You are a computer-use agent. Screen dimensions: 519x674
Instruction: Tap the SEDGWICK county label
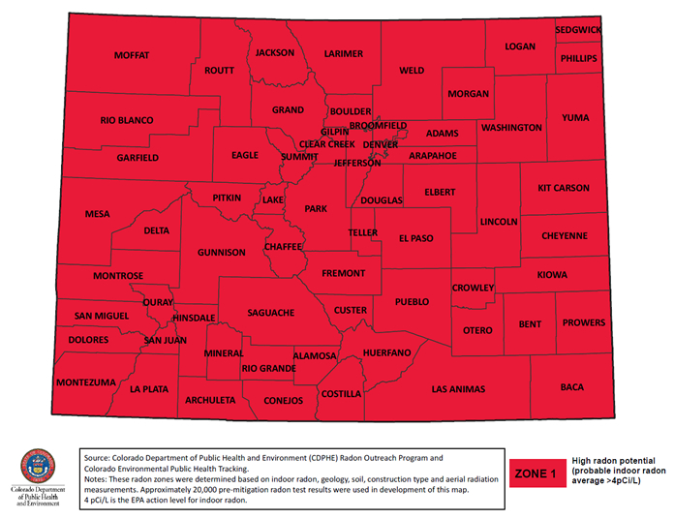[x=578, y=30]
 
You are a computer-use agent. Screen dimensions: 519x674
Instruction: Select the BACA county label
[x=572, y=387]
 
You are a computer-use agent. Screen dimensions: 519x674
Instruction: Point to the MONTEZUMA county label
[x=86, y=382]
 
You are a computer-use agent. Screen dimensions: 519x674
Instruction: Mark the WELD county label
[x=412, y=71]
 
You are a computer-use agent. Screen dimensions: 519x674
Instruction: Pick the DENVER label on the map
[x=381, y=144]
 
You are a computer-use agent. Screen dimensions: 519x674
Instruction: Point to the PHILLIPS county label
[x=578, y=58]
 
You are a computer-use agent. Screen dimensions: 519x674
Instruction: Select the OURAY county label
[x=158, y=303]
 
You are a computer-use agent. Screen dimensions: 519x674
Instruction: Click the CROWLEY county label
[x=474, y=288]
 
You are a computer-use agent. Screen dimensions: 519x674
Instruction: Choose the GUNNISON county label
[x=222, y=252]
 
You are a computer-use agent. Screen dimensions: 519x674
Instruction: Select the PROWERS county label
[x=584, y=322]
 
